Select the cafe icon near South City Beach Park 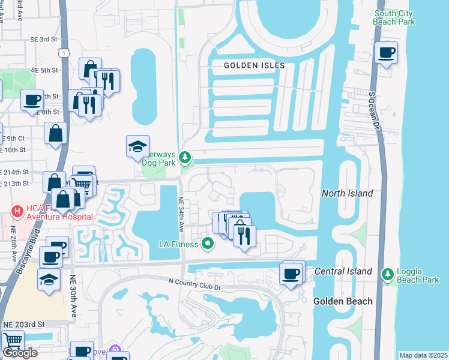point(386,52)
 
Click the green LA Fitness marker point(208,243)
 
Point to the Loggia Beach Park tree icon point(388,274)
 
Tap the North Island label point(347,193)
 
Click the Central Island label point(343,272)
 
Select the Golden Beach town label point(342,301)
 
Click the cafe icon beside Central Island point(292,274)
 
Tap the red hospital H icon point(17,211)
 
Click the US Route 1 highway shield point(64,53)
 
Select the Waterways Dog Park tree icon point(185,157)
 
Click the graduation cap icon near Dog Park point(137,146)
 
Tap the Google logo point(20,353)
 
